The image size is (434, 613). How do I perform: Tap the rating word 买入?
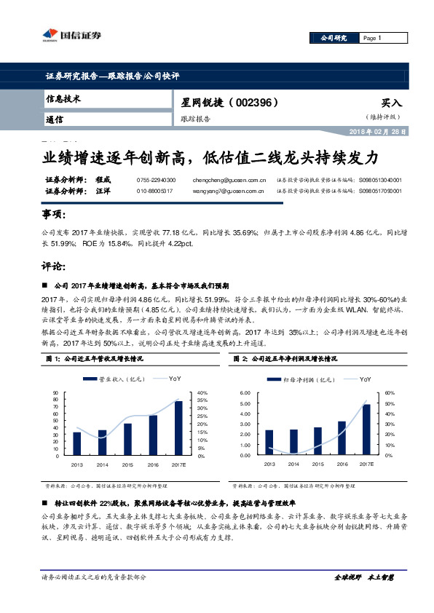tap(391, 103)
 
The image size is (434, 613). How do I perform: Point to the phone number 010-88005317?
tap(154, 191)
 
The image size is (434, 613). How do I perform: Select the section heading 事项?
tap(53, 215)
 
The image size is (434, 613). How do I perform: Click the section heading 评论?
tap(53, 267)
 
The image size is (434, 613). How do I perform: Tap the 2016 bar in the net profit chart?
tap(342, 438)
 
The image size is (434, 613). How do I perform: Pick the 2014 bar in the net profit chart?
tap(293, 442)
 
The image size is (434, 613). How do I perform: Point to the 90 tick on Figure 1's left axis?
tap(56, 393)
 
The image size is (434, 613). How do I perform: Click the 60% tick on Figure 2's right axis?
tap(389, 393)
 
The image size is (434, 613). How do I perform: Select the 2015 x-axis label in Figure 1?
tap(127, 464)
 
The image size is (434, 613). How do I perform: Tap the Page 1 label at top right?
tap(372, 38)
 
